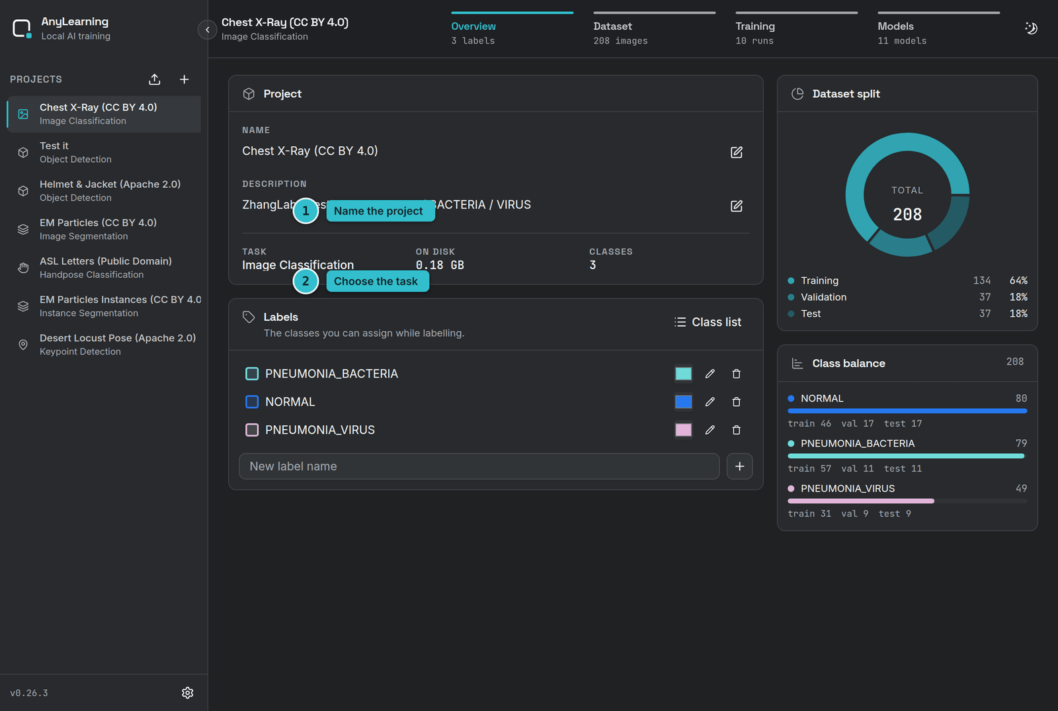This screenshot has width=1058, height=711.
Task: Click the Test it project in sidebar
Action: (x=104, y=152)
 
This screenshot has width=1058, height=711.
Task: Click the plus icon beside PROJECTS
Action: (x=184, y=79)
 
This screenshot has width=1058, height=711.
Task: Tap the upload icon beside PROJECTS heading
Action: (x=155, y=79)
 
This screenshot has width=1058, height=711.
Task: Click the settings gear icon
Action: (x=188, y=692)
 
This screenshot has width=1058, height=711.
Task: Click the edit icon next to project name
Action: (x=737, y=152)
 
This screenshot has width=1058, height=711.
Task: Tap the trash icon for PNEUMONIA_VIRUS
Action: (x=737, y=430)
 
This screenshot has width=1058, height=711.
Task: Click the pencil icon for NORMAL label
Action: (x=710, y=402)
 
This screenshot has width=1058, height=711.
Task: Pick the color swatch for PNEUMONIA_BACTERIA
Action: (x=684, y=374)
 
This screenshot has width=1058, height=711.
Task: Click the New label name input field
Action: (x=479, y=466)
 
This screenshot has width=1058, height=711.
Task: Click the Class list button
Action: (x=708, y=322)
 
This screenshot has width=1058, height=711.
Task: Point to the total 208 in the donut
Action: (x=907, y=214)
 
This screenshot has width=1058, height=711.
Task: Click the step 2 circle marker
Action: (x=305, y=281)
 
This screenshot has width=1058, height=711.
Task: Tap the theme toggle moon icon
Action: (x=1031, y=28)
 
